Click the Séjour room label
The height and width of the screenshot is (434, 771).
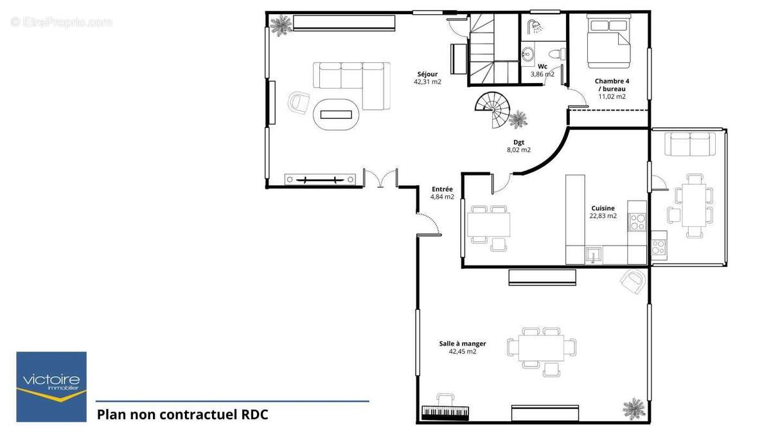tap(427, 74)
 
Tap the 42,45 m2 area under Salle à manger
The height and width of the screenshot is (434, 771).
tap(463, 351)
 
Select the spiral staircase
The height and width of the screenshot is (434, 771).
tap(492, 109)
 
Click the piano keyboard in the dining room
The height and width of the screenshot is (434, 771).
tap(445, 412)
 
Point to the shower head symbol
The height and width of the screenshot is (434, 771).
tap(534, 26)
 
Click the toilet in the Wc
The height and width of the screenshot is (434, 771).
tap(556, 54)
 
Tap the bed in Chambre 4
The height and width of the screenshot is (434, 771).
tap(609, 42)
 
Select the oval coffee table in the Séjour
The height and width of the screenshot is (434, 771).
tap(336, 114)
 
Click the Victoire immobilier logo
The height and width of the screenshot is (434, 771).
tap(51, 386)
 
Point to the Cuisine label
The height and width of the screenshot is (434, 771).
tap(603, 208)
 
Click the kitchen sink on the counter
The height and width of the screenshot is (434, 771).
tap(594, 255)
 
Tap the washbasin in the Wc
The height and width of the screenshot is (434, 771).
tap(527, 54)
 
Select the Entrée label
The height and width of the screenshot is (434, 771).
tap(442, 189)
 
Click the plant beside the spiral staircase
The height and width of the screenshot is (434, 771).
tap(518, 120)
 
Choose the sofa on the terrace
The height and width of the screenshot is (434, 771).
tap(690, 144)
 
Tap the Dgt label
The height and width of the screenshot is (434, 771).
tap(518, 142)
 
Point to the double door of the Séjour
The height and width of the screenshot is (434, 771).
tap(380, 178)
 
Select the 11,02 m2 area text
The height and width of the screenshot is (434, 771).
tap(612, 96)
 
